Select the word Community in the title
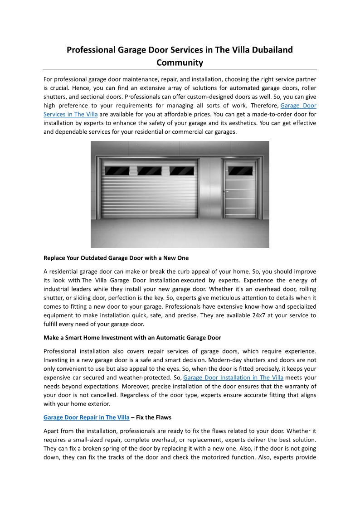[x=180, y=63]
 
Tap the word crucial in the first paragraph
[x=55, y=88]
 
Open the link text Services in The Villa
[x=70, y=114]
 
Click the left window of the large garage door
[x=117, y=171]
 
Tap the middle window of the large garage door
[x=150, y=171]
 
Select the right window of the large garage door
[x=182, y=171]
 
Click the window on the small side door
[x=240, y=171]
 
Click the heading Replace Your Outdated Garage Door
[x=116, y=258]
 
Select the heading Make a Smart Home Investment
[x=132, y=338]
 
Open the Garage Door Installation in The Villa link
[x=234, y=378]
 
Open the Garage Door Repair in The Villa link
[x=86, y=417]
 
